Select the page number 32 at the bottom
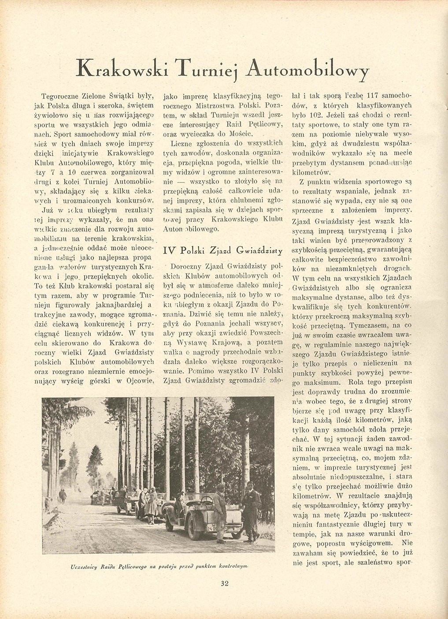click(225, 583)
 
